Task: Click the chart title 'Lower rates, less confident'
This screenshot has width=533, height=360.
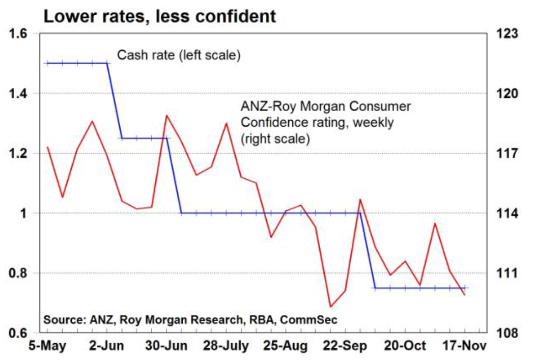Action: click(159, 16)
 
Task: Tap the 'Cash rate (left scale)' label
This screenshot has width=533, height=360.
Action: click(179, 55)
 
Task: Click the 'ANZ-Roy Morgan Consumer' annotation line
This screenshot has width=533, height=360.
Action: click(325, 107)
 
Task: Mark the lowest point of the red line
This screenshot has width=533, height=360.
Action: click(330, 307)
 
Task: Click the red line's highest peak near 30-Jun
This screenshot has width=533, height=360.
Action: click(166, 116)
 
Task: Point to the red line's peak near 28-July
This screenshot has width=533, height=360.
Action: click(226, 123)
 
